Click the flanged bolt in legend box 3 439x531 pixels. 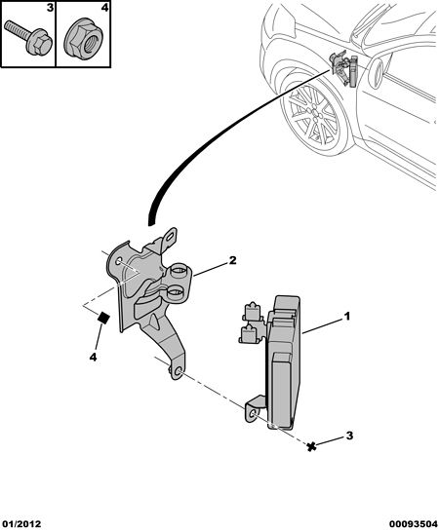click(28, 39)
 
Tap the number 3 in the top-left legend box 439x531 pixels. click(50, 8)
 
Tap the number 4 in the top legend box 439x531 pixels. click(105, 8)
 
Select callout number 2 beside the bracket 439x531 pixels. click(232, 260)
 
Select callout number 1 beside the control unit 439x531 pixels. click(346, 317)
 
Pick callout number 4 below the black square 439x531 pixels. click(94, 357)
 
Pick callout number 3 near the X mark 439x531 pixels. click(349, 436)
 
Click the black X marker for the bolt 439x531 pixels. click(311, 446)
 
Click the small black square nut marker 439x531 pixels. click(103, 318)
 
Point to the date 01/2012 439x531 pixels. click(21, 524)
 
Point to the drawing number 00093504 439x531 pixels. click(414, 524)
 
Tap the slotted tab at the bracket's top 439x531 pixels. click(171, 237)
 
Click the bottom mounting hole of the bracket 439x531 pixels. click(179, 373)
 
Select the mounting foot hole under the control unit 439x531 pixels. click(253, 414)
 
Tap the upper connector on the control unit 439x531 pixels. click(251, 311)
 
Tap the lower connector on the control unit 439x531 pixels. click(250, 333)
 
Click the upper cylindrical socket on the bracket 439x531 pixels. click(179, 272)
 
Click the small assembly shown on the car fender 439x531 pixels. click(343, 68)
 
